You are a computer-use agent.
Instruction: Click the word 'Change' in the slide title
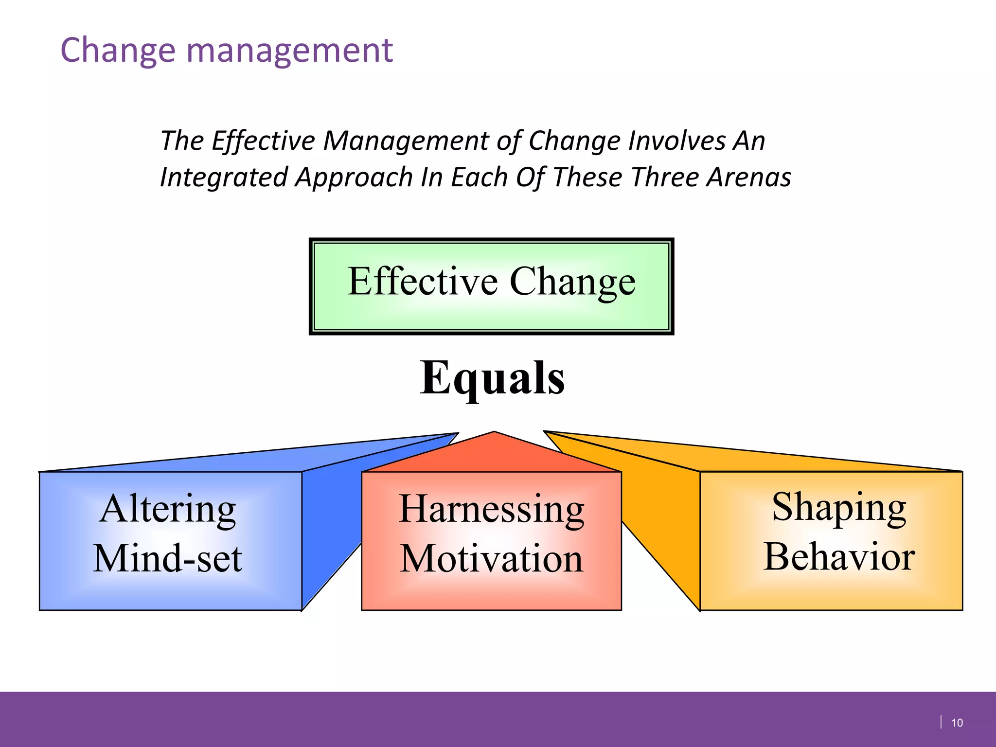pos(117,50)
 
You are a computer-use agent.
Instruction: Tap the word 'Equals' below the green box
pos(492,379)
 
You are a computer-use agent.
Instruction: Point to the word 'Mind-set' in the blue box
pos(168,558)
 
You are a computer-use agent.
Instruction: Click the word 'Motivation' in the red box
pos(491,559)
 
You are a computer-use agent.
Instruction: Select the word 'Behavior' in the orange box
pos(839,557)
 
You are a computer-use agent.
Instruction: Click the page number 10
pos(957,723)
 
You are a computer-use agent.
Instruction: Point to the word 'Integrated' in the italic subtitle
pos(224,177)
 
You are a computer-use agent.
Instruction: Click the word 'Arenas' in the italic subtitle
pos(749,177)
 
